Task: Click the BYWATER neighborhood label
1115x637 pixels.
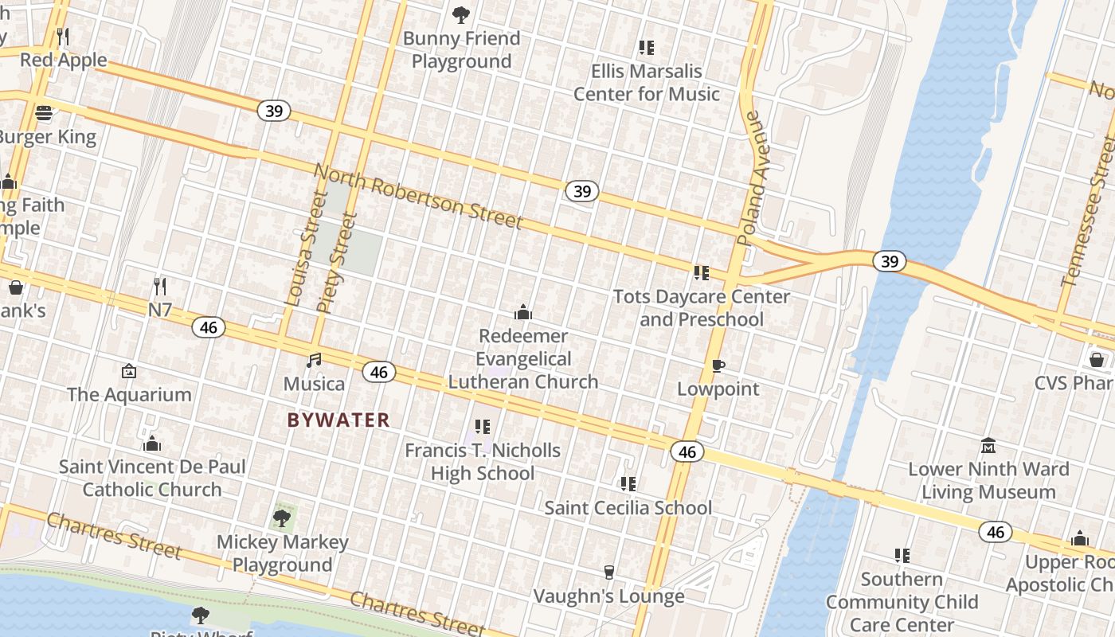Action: (338, 420)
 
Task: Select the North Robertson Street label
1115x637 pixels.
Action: (418, 196)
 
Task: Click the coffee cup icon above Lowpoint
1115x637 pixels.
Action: (718, 365)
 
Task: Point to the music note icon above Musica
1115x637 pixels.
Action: (315, 360)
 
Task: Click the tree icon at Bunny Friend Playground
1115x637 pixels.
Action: (460, 14)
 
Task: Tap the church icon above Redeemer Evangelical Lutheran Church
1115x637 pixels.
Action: (522, 312)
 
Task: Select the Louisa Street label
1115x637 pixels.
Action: (306, 248)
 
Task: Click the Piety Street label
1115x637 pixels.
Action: (335, 261)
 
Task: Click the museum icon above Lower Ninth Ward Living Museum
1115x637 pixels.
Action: (988, 445)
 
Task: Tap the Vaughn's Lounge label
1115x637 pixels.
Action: (608, 596)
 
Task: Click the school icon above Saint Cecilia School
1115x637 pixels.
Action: (628, 483)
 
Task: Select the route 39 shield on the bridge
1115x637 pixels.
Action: (889, 260)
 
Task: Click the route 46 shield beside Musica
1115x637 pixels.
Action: (379, 372)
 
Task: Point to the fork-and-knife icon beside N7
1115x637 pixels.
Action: (160, 286)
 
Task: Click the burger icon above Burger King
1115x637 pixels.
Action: (44, 112)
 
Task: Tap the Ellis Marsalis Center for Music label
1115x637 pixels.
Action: (647, 82)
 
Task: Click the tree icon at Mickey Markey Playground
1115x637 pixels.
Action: (282, 518)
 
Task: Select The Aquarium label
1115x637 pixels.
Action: (129, 394)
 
